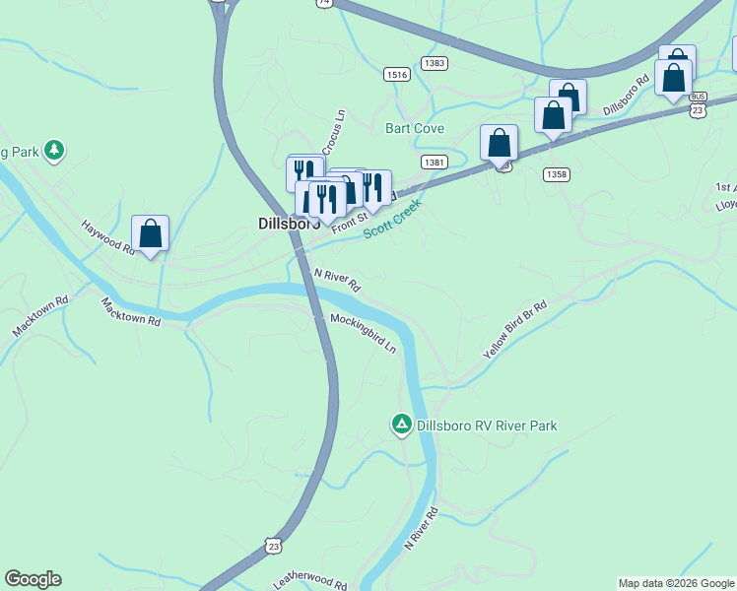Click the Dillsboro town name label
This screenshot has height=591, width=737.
pos(282,224)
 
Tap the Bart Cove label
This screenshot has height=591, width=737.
pos(415,129)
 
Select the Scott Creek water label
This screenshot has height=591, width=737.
pos(392,219)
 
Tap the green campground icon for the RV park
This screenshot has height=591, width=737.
pos(401,425)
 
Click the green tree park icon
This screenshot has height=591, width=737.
pos(55,150)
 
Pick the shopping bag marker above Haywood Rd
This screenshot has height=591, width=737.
pos(150,234)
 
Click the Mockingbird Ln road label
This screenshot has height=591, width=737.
pos(363,334)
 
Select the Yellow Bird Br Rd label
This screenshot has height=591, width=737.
pos(514,330)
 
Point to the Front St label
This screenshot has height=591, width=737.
pos(349,223)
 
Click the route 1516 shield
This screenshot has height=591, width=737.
pos(398,75)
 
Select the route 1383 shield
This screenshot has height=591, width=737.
pos(434,62)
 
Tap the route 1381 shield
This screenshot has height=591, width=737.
pos(434,161)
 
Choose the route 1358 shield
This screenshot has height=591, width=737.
pos(556,173)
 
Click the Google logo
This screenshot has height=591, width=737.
pos(33,579)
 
